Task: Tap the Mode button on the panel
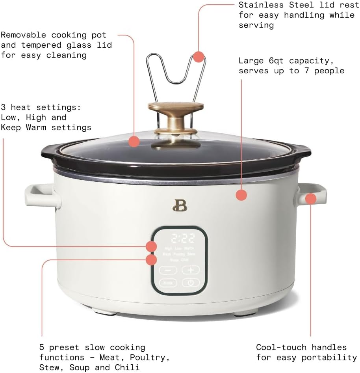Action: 168,283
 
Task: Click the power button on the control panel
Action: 191,283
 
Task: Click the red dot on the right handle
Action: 311,199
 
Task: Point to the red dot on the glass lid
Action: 134,142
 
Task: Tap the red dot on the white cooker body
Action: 241,195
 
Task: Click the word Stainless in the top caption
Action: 258,5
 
